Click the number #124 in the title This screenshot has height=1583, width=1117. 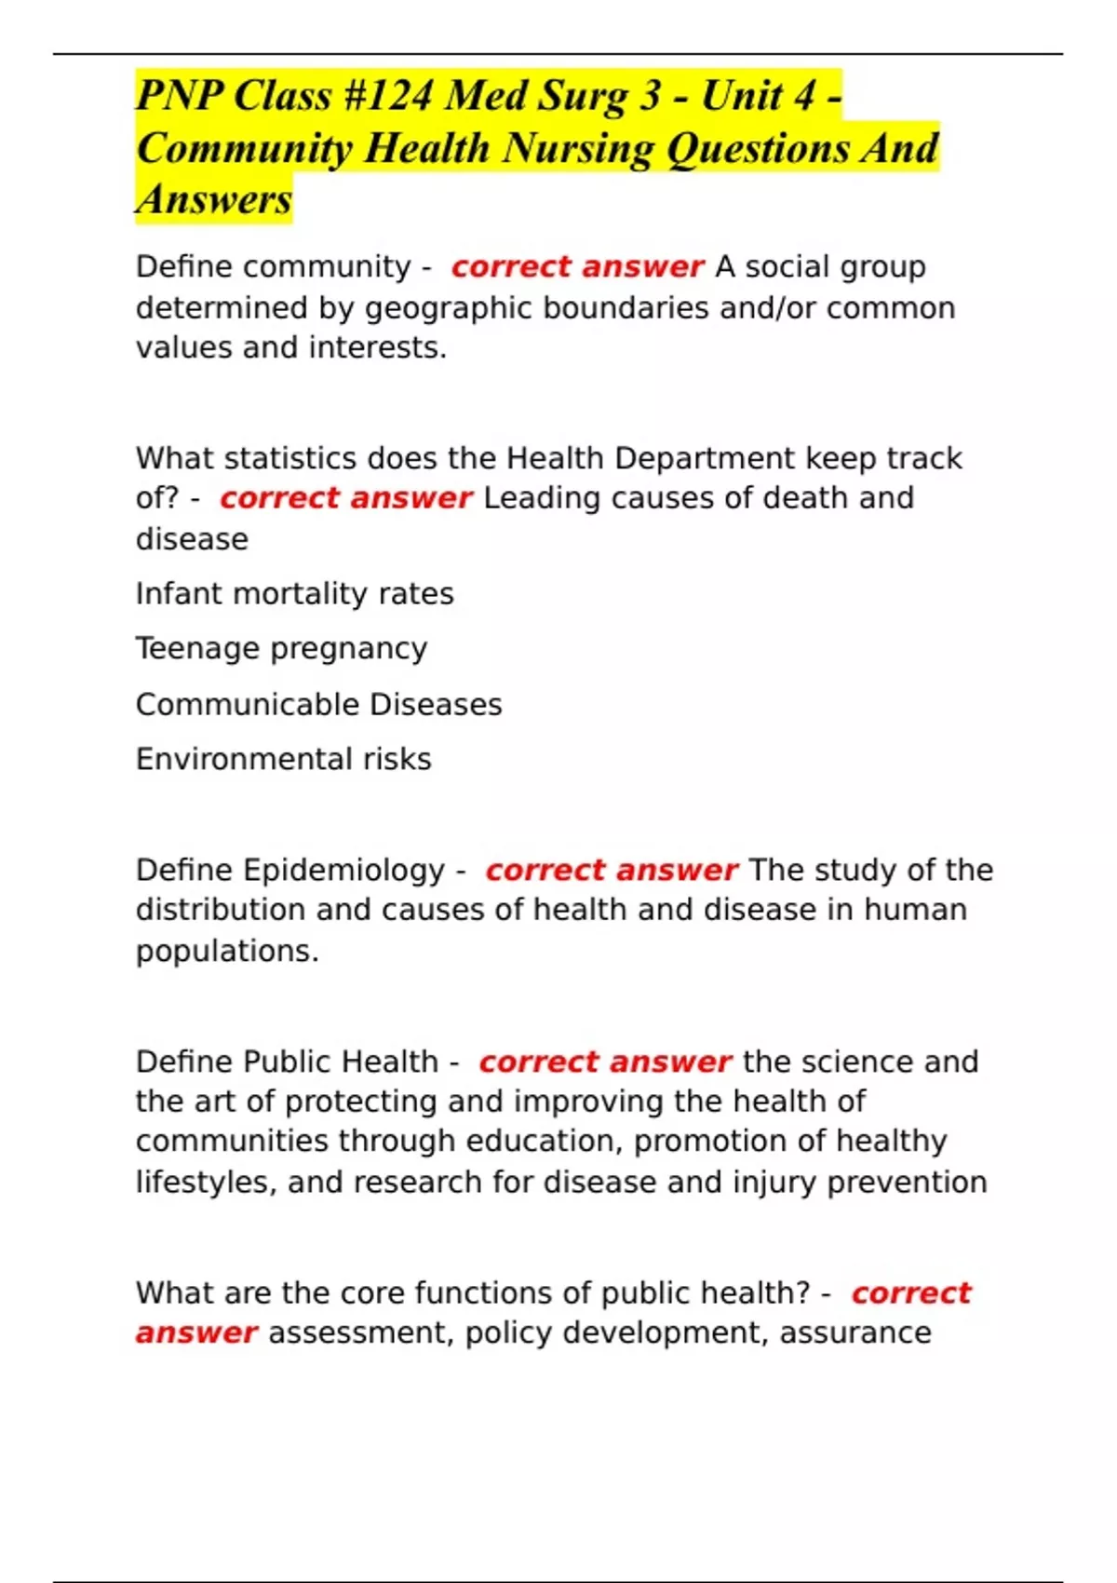[386, 96]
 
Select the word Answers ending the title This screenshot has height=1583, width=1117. [214, 199]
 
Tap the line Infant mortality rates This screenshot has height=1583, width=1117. [294, 593]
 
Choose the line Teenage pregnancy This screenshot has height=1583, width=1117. [281, 648]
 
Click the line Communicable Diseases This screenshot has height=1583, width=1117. [318, 704]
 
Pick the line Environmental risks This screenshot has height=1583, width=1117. [283, 759]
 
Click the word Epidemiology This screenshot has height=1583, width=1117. [343, 870]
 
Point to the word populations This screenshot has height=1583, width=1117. [227, 951]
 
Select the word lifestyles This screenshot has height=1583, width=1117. [206, 1182]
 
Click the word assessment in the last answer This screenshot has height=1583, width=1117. [361, 1333]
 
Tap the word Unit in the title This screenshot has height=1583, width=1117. [742, 96]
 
